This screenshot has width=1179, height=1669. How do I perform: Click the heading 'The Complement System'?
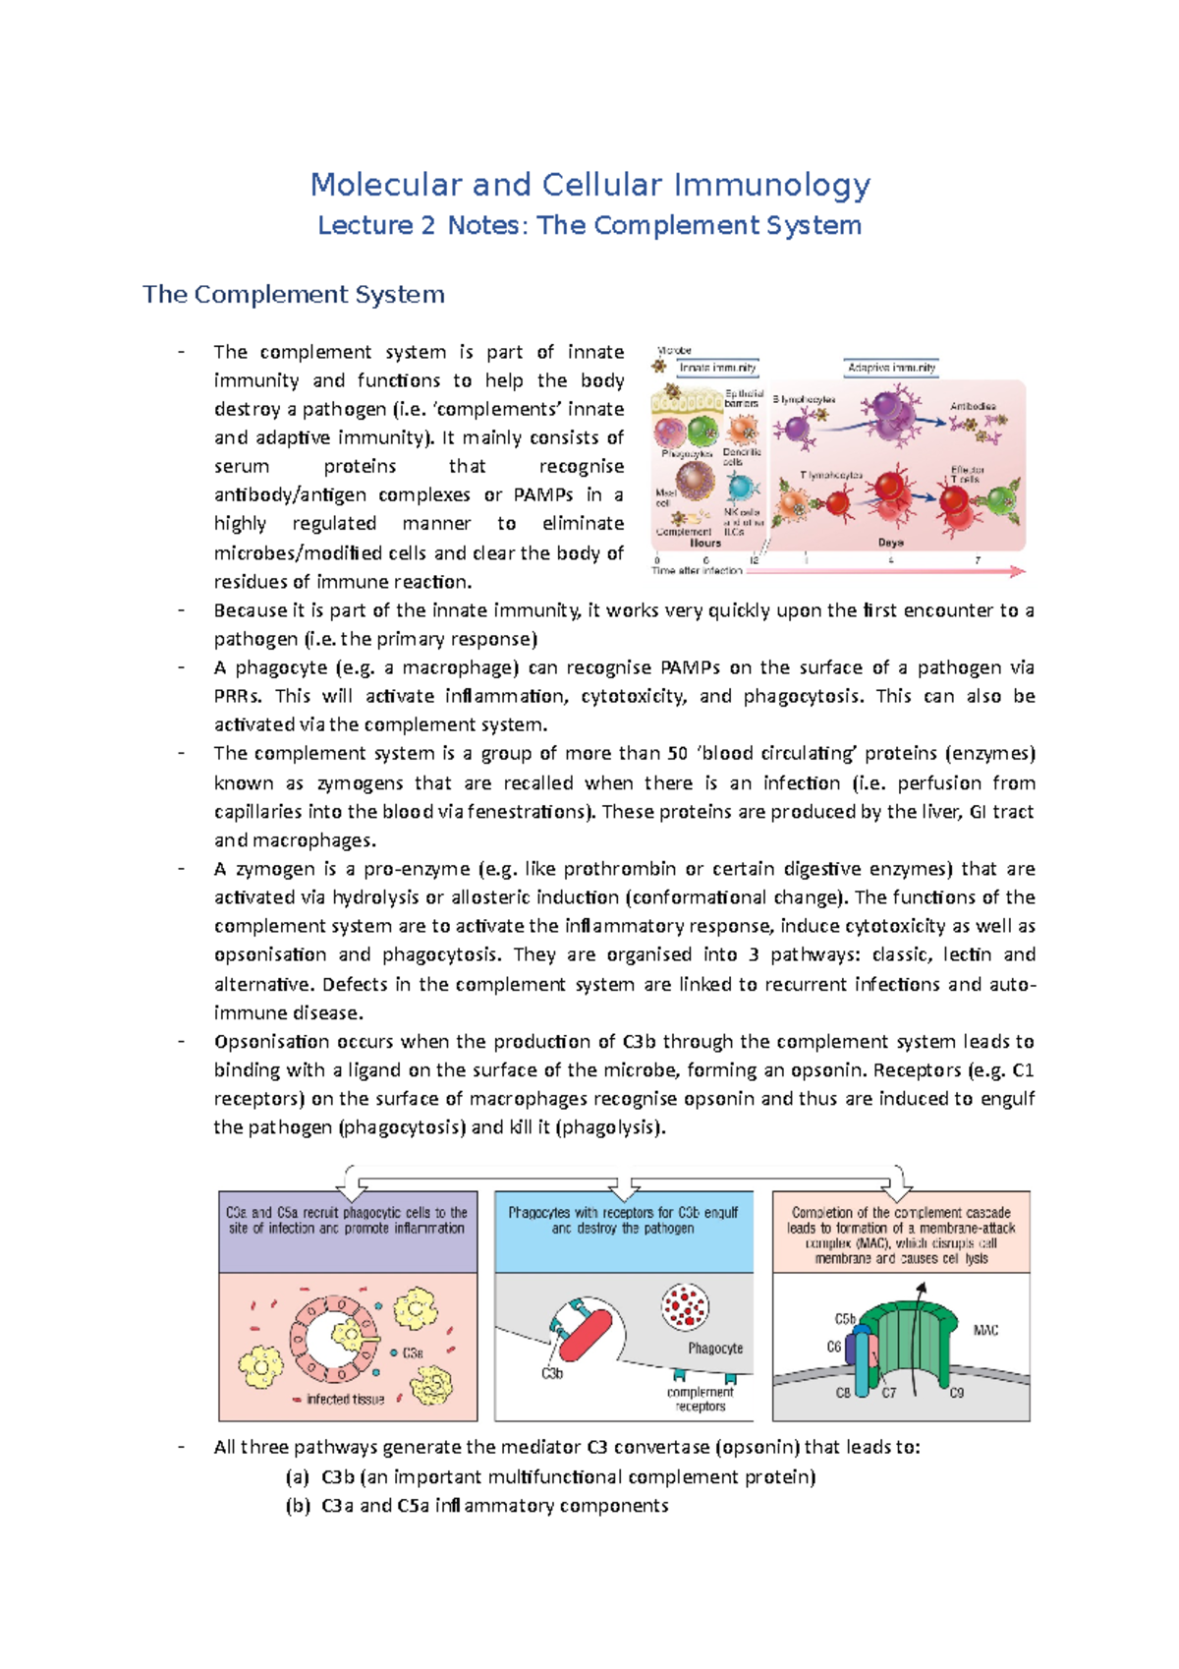294,294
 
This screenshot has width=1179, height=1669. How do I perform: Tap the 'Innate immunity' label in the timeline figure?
718,368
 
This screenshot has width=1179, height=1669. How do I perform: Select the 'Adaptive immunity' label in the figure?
891,368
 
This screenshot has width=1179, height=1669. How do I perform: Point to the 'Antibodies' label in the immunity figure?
973,406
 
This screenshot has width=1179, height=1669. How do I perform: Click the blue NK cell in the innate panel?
743,488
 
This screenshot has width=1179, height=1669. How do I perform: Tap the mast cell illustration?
696,482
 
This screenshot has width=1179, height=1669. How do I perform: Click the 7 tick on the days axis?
978,560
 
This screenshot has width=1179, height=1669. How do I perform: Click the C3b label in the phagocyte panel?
552,1373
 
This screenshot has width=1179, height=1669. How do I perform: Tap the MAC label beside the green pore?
985,1330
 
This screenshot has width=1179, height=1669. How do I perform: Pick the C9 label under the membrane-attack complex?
956,1393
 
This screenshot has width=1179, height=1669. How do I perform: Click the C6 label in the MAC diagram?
834,1347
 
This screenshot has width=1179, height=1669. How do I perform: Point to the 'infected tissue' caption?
345,1399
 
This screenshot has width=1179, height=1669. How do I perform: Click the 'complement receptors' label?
700,1399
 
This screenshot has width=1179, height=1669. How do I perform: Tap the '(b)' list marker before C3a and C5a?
298,1506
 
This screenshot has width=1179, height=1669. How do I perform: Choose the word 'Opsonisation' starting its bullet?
271,1042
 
